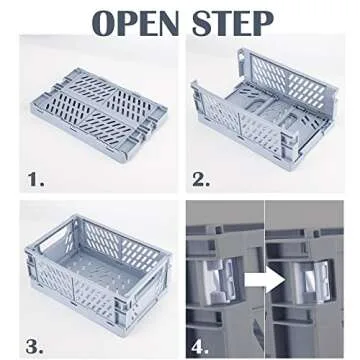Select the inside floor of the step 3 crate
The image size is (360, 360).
[100, 258]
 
